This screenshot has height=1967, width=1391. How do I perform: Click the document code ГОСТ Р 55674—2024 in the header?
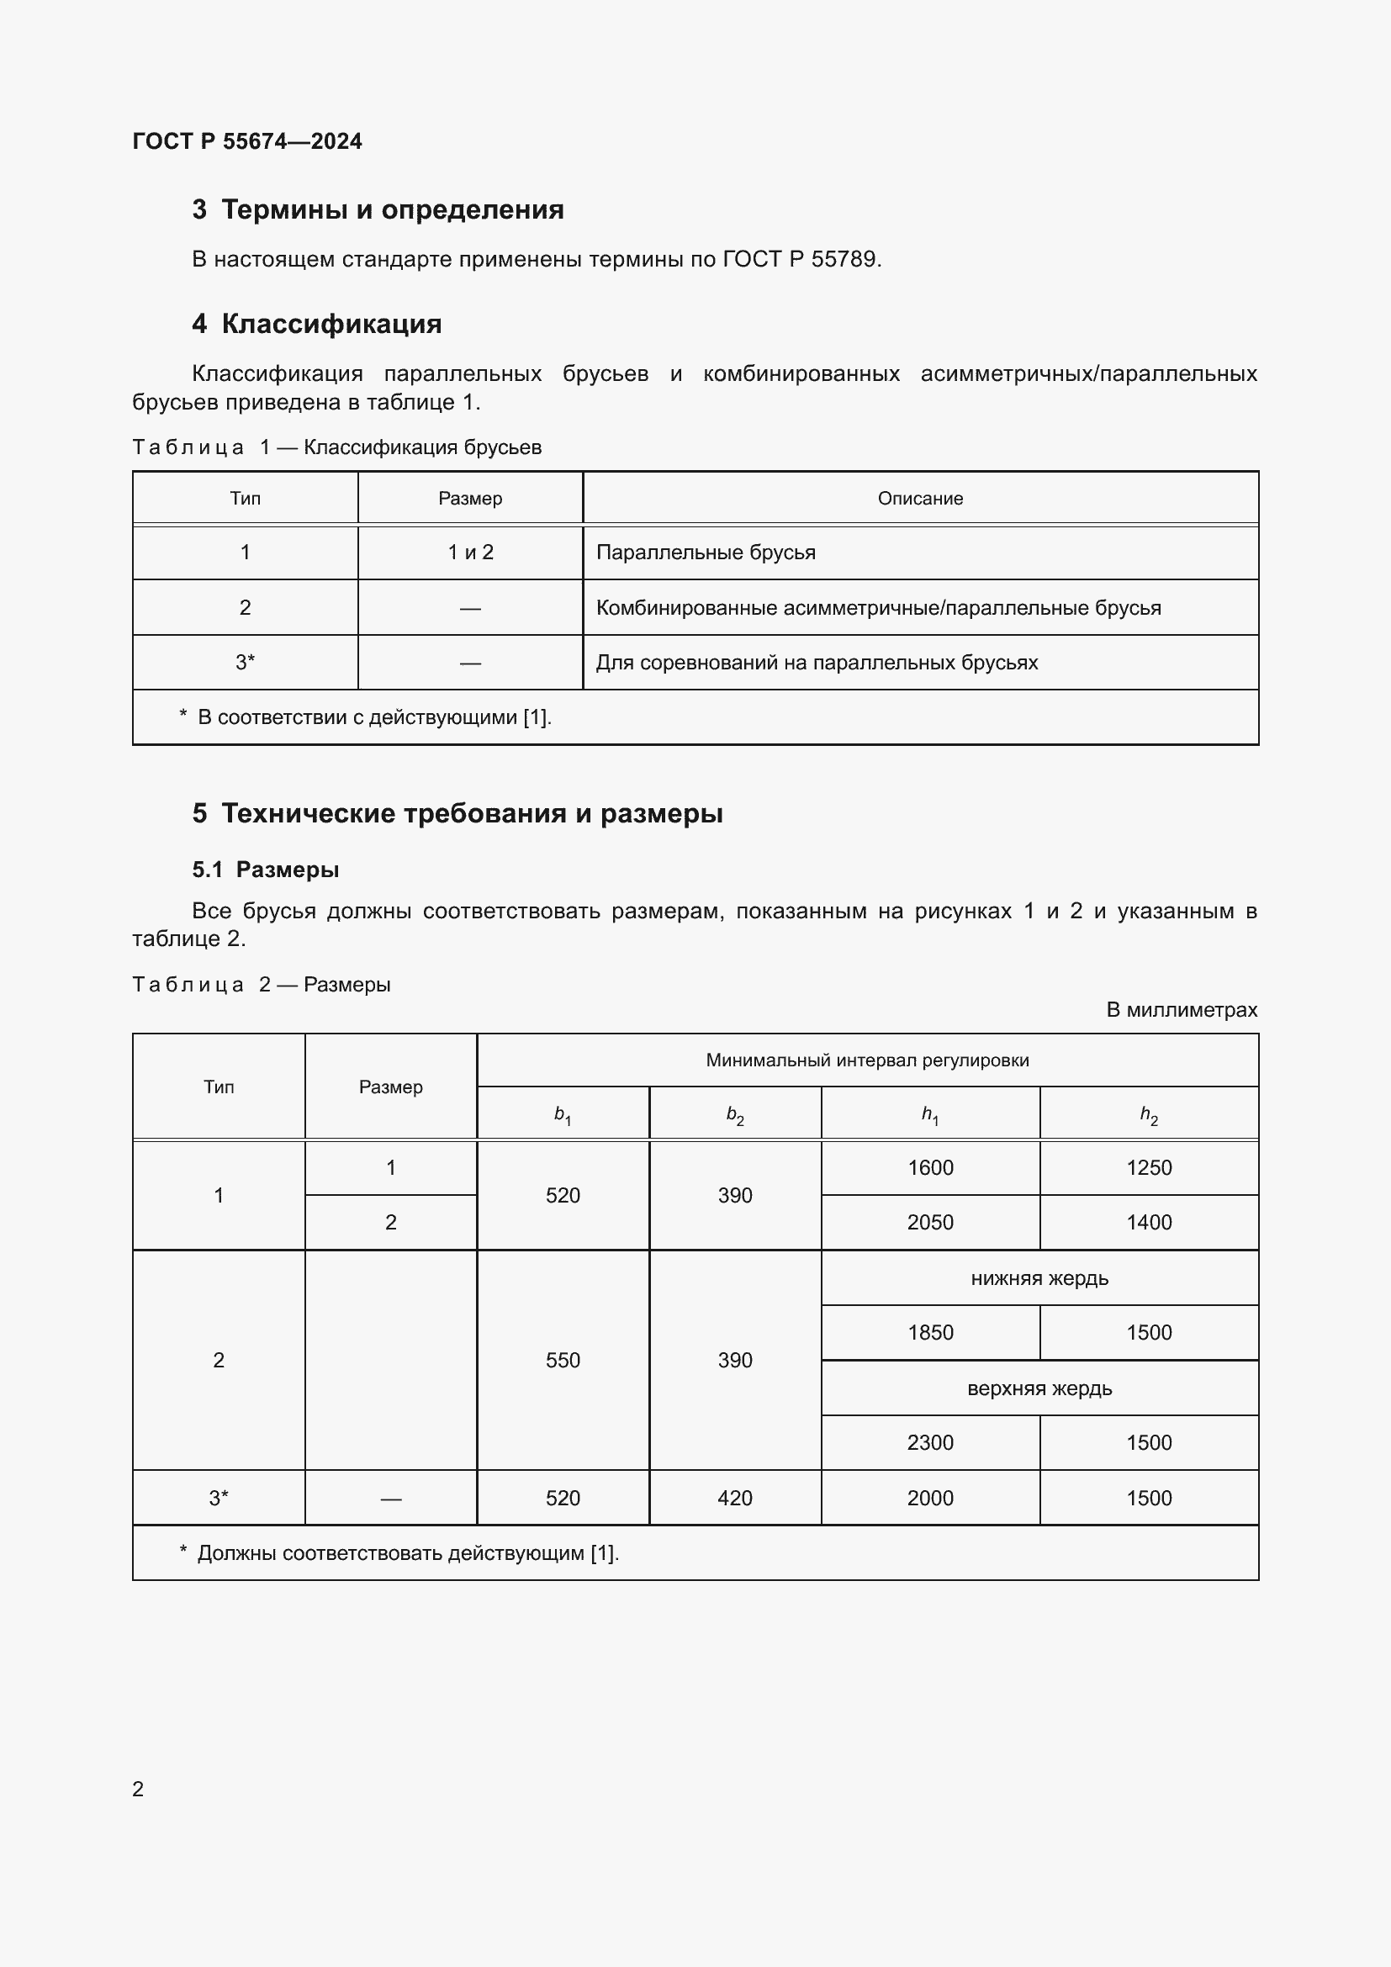(246, 141)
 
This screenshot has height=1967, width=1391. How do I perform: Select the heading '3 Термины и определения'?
(378, 209)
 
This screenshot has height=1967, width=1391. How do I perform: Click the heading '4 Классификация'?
(317, 324)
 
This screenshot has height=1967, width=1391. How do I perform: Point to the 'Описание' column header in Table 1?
(920, 499)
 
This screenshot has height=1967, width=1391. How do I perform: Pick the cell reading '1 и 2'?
(470, 553)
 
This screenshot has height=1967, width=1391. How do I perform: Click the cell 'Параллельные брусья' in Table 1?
(706, 553)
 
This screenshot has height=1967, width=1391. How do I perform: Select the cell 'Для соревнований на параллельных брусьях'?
(817, 662)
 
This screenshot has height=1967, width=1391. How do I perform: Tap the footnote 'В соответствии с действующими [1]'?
(374, 717)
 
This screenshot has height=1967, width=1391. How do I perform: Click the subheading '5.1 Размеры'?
(266, 870)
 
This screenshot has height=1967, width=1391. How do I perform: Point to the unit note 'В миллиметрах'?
(1181, 1010)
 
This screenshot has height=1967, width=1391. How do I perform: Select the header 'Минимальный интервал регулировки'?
(867, 1060)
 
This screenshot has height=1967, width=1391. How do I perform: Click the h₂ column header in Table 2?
(1149, 1113)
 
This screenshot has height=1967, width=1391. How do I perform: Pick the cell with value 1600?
(930, 1168)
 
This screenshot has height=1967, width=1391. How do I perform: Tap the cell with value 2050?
(930, 1223)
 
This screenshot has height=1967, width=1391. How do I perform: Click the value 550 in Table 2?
(563, 1361)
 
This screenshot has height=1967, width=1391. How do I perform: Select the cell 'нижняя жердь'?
(1039, 1278)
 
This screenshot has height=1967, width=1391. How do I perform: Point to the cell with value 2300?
(930, 1443)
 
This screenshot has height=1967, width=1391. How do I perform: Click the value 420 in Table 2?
(735, 1499)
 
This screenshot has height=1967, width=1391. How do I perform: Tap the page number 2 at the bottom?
(138, 1789)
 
